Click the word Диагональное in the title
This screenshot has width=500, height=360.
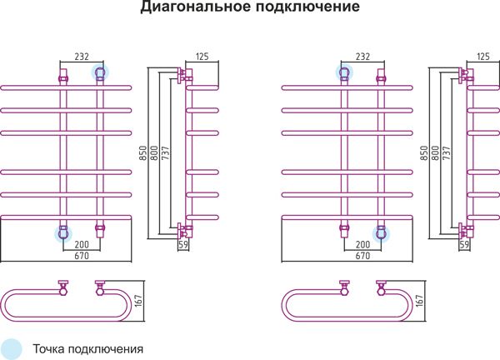pos(196,7)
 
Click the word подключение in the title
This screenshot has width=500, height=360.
pos(307,7)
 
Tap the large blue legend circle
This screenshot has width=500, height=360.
pos(11,349)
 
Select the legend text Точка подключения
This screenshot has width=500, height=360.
pos(88,349)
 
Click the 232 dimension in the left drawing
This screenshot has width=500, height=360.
pos(82,57)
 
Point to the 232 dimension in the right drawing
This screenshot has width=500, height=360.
pos(362,57)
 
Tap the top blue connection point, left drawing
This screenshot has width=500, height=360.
pos(100,73)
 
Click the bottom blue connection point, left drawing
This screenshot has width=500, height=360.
pos(63,233)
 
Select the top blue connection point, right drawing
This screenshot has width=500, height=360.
pos(344,73)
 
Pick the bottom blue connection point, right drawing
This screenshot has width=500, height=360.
pos(381,233)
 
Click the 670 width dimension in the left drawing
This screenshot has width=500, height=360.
pos(82,256)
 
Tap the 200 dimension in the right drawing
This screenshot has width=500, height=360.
pos(362,244)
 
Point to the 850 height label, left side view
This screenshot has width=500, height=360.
pos(143,153)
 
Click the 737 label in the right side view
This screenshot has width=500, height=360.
pos(447,153)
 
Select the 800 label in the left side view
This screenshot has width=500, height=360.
pos(154,153)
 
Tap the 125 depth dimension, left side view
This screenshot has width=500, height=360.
pos(202,57)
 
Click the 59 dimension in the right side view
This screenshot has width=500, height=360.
pos(465,244)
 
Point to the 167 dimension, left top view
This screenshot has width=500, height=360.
pos(138,301)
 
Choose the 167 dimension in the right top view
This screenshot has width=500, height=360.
pos(420,301)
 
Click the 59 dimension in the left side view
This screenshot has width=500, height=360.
pos(183,244)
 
